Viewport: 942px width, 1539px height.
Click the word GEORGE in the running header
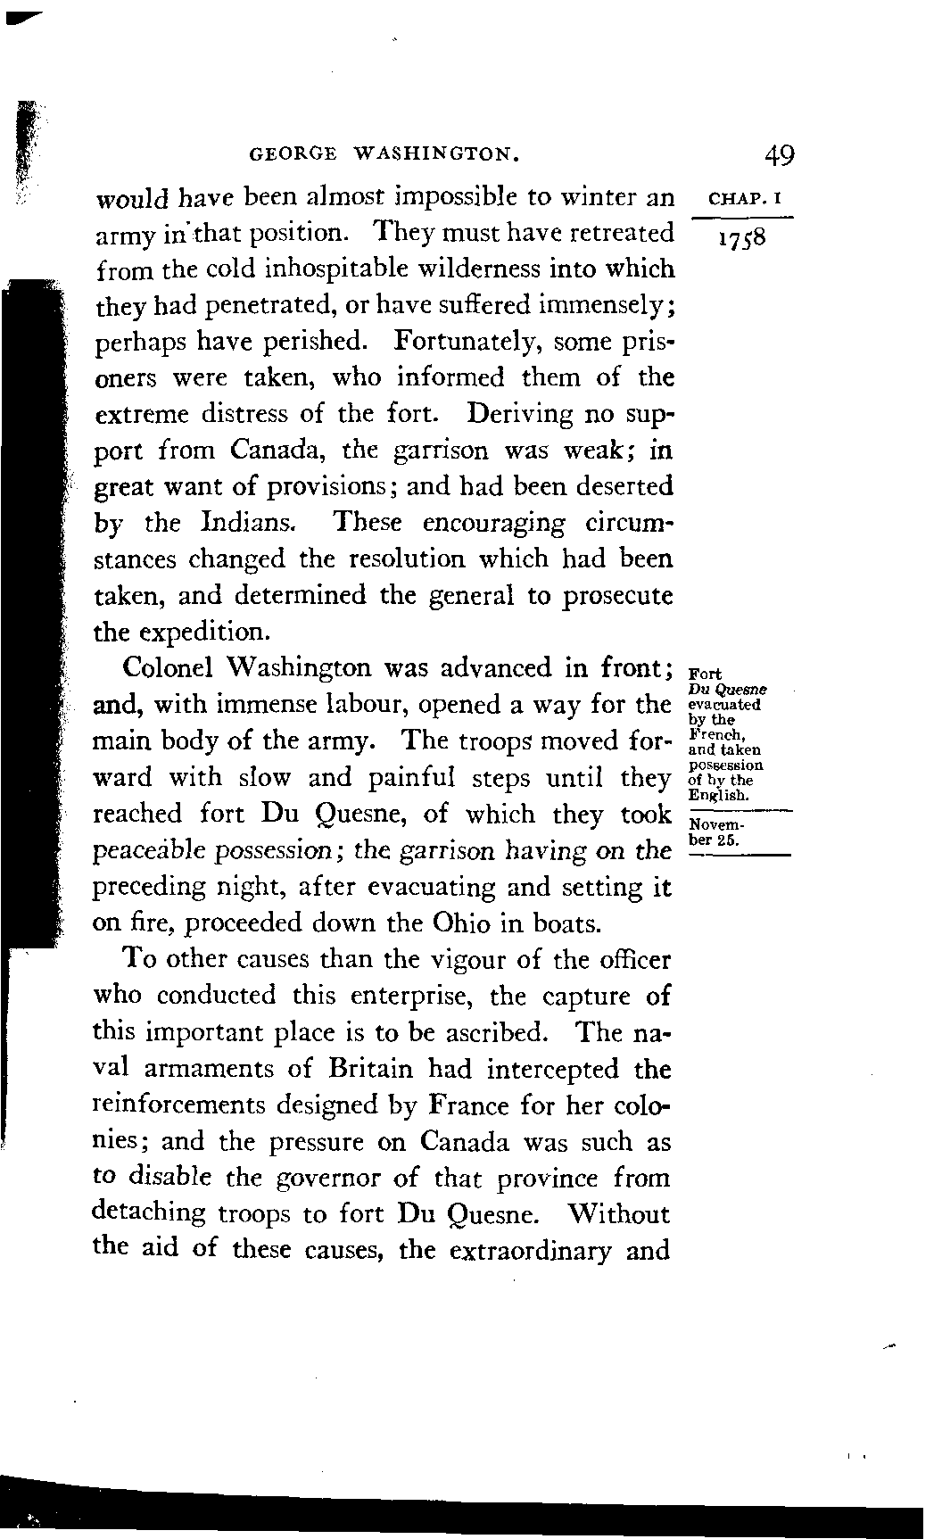[x=293, y=154]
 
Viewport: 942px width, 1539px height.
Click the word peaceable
[x=149, y=851]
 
